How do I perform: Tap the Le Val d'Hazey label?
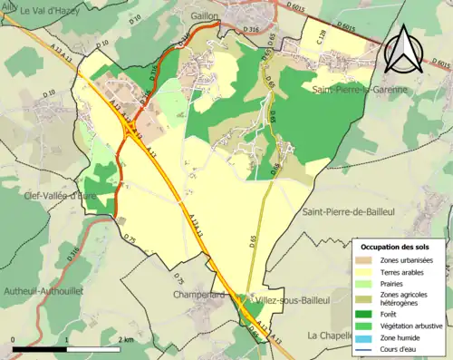coord(51,10)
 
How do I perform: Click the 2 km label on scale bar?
coord(124,339)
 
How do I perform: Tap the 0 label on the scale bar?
coord(14,339)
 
